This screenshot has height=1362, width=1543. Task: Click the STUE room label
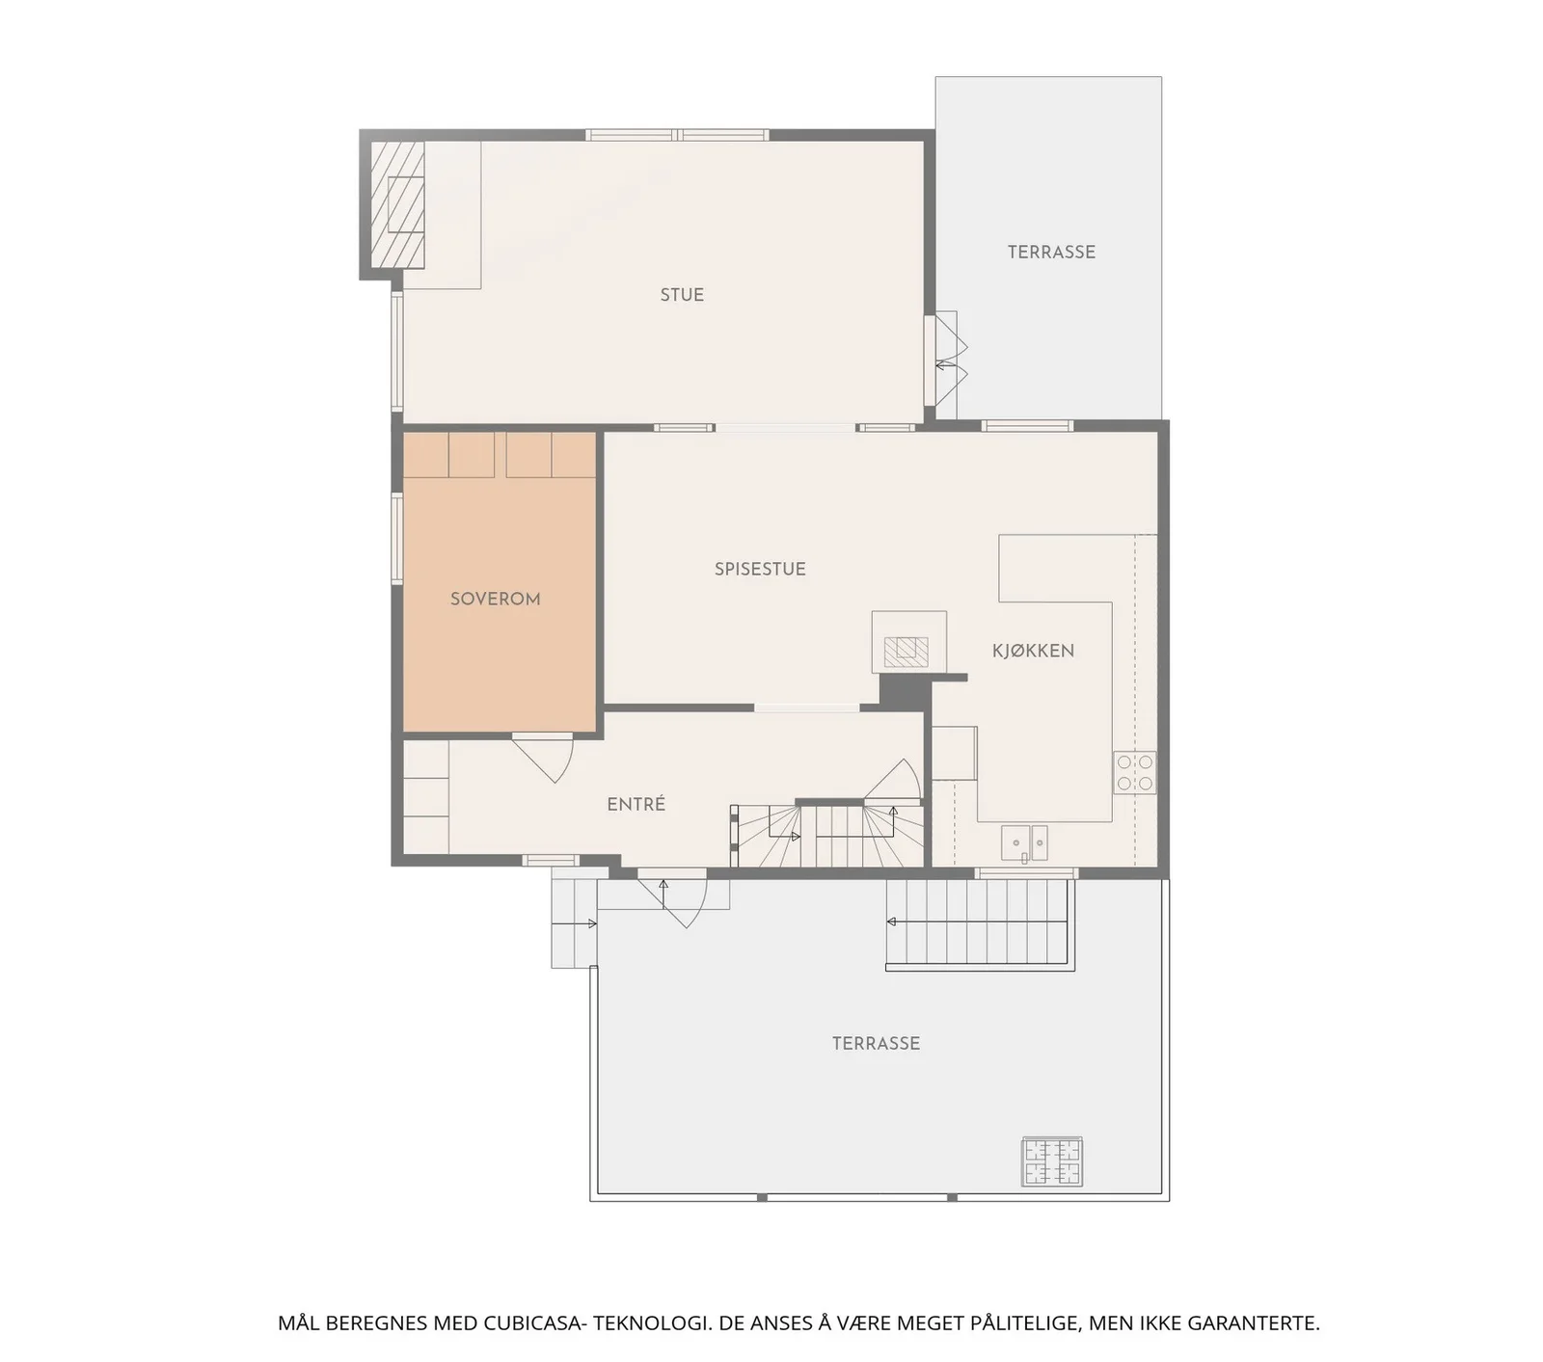[682, 295]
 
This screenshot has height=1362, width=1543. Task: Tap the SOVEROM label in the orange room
[495, 599]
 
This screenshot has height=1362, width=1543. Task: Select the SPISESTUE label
[760, 569]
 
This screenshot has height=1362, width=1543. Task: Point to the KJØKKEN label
[1033, 651]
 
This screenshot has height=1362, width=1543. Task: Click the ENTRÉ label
[636, 804]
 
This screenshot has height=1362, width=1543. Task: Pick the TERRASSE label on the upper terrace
[1051, 252]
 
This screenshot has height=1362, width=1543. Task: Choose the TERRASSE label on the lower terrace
[876, 1043]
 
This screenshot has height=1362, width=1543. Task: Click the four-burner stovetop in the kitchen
[1134, 772]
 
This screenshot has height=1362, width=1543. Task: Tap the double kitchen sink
[1024, 842]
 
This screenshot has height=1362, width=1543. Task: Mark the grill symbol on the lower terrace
[1052, 1162]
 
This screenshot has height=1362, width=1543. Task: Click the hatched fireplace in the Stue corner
[398, 204]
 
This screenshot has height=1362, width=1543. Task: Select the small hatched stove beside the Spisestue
[907, 651]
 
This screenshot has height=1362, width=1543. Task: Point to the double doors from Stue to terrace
[946, 360]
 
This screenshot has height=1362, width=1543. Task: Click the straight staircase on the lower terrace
[980, 922]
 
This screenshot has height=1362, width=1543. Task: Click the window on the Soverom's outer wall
[396, 538]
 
